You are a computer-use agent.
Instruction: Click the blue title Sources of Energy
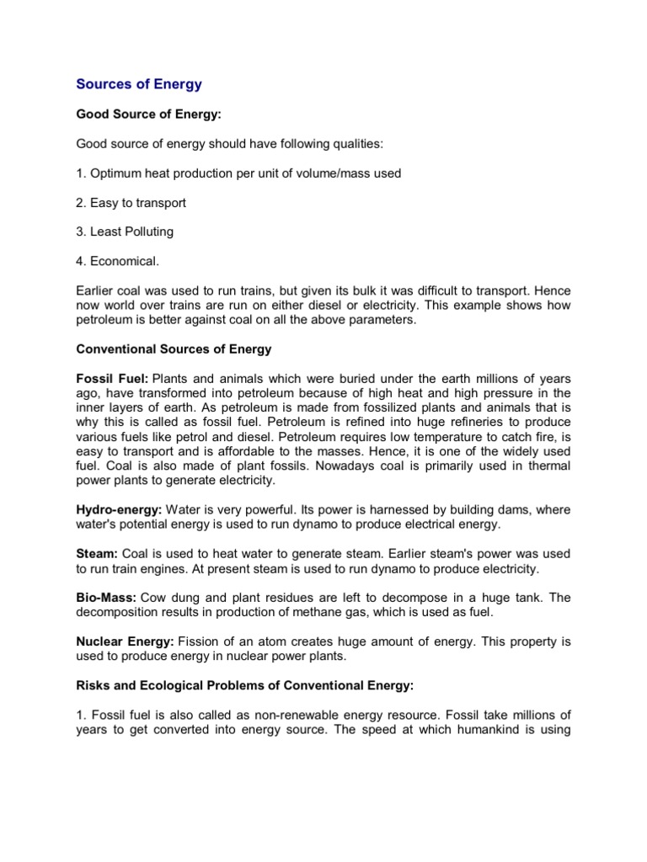pos(139,84)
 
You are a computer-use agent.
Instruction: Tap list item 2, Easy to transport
pos(131,203)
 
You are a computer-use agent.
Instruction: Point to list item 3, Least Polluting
pos(125,231)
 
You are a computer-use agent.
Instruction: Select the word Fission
pos(201,641)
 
